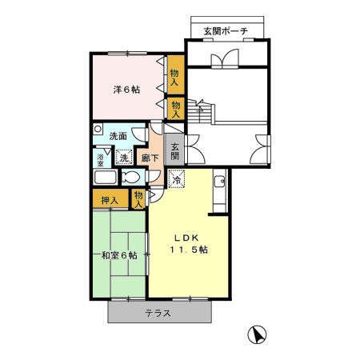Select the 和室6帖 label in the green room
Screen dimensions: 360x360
118,256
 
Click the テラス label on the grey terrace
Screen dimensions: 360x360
158,313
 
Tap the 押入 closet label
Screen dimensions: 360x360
110,200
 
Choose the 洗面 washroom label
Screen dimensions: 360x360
118,136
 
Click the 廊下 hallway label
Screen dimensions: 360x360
150,158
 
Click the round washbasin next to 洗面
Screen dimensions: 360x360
98,128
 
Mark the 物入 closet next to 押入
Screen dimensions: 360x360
139,198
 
